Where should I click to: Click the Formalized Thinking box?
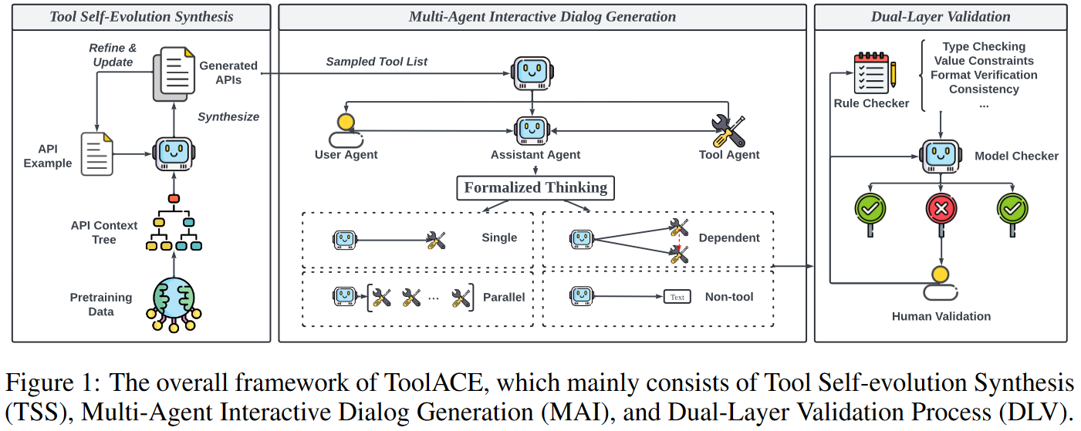pyautogui.click(x=535, y=187)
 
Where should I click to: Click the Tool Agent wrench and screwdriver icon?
pyautogui.click(x=728, y=130)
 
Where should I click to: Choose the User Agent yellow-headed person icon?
pyautogui.click(x=345, y=130)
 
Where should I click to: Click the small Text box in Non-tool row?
pyautogui.click(x=677, y=297)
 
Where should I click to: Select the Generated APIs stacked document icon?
pyautogui.click(x=174, y=73)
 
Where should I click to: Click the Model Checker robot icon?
pyautogui.click(x=940, y=155)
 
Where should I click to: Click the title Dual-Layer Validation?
pyautogui.click(x=941, y=16)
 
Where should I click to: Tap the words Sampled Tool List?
pyautogui.click(x=377, y=61)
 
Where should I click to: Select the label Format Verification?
pyautogui.click(x=984, y=75)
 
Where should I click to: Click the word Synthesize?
pyautogui.click(x=228, y=116)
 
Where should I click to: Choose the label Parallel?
pyautogui.click(x=504, y=297)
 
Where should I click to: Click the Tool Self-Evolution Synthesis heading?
pyautogui.click(x=141, y=16)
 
